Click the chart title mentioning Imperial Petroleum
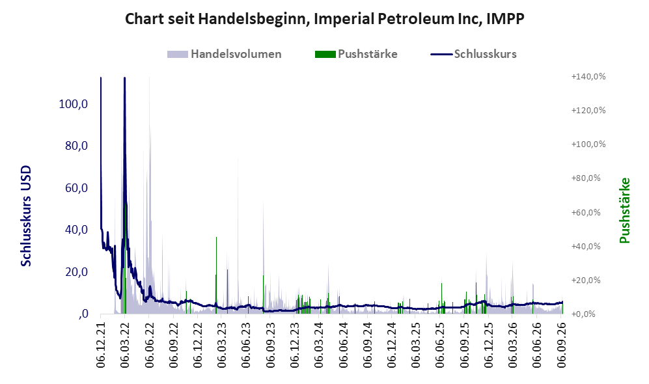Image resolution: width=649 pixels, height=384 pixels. tap(324, 19)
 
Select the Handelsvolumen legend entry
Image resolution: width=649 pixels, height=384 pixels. tap(224, 54)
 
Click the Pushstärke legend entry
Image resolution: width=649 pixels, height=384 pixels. tap(356, 54)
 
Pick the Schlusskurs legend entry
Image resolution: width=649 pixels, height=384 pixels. tap(473, 54)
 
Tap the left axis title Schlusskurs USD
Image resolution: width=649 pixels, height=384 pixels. tap(26, 216)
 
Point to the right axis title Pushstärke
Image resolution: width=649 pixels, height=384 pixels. tap(624, 211)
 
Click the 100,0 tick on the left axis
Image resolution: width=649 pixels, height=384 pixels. tap(74, 104)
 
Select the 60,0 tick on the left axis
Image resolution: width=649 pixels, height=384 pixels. tap(76, 188)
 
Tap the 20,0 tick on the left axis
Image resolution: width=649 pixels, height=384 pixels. tap(76, 272)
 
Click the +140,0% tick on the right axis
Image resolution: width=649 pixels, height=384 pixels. tap(588, 77)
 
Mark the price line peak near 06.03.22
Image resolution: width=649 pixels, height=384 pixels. tap(124, 78)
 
